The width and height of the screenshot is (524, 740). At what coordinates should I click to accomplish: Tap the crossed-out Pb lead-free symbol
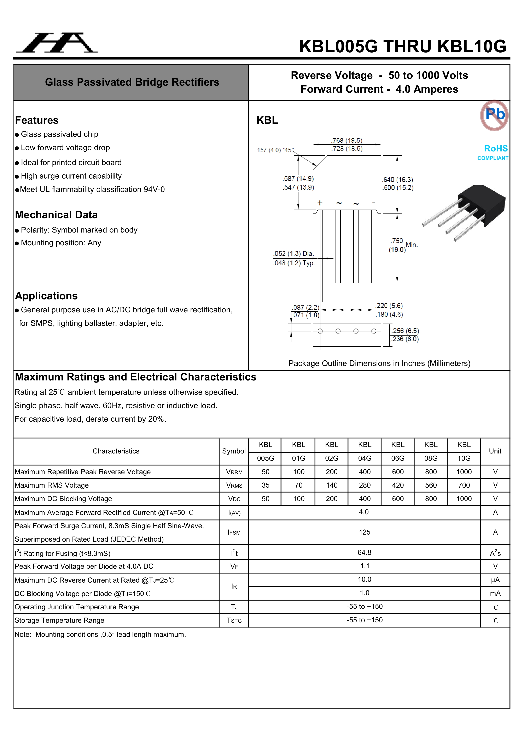pyautogui.click(x=494, y=115)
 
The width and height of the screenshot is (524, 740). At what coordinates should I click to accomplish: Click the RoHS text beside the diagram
pyautogui.click(x=496, y=149)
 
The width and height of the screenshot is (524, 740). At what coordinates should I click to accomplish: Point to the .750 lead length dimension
pyautogui.click(x=397, y=241)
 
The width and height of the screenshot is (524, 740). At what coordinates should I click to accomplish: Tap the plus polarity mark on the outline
pyautogui.click(x=320, y=203)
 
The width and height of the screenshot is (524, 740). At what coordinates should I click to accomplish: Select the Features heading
pyautogui.click(x=37, y=120)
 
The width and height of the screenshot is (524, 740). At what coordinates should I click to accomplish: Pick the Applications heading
pyautogui.click(x=46, y=296)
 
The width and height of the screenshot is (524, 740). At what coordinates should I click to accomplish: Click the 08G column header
pyautogui.click(x=431, y=458)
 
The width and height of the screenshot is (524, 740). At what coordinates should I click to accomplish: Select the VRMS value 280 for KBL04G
pyautogui.click(x=365, y=485)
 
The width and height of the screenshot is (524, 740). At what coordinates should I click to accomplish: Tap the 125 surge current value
pyautogui.click(x=365, y=533)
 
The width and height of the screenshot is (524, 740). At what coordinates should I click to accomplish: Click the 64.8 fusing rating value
pyautogui.click(x=364, y=553)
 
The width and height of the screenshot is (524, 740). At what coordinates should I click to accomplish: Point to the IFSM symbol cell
pyautogui.click(x=234, y=533)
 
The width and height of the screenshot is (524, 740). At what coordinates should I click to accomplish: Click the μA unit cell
pyautogui.click(x=495, y=580)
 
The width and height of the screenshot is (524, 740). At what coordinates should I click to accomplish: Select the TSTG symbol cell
pyautogui.click(x=234, y=621)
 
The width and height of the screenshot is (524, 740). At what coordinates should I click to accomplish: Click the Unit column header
pyautogui.click(x=495, y=451)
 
